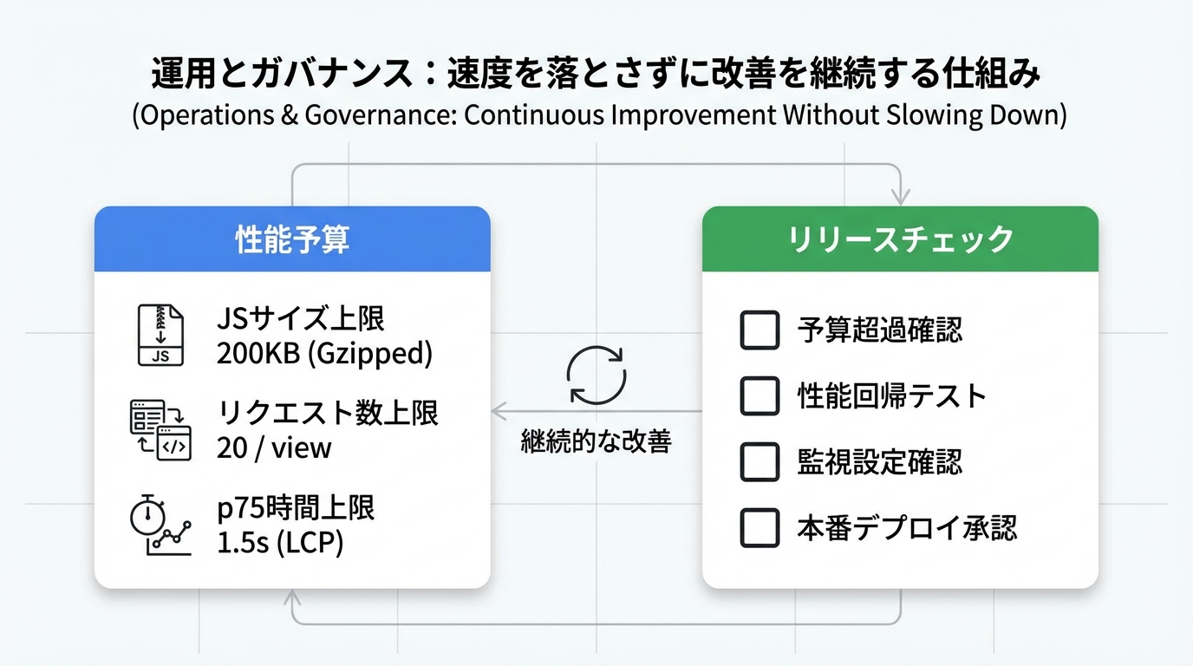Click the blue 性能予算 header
click(x=292, y=239)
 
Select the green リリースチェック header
click(x=900, y=239)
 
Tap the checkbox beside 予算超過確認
click(x=759, y=330)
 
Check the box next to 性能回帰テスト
click(x=759, y=396)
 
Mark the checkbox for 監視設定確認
click(x=759, y=462)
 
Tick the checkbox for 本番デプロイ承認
click(x=759, y=528)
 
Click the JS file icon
click(x=160, y=335)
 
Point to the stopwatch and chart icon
click(x=160, y=526)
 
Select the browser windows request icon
click(x=160, y=430)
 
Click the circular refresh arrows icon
click(x=596, y=375)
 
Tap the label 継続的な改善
click(x=596, y=441)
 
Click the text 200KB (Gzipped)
click(x=324, y=353)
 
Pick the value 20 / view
click(x=274, y=447)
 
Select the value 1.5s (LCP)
click(x=280, y=543)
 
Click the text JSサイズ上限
click(x=300, y=319)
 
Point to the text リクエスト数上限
click(x=328, y=414)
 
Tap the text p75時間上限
click(x=296, y=509)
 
